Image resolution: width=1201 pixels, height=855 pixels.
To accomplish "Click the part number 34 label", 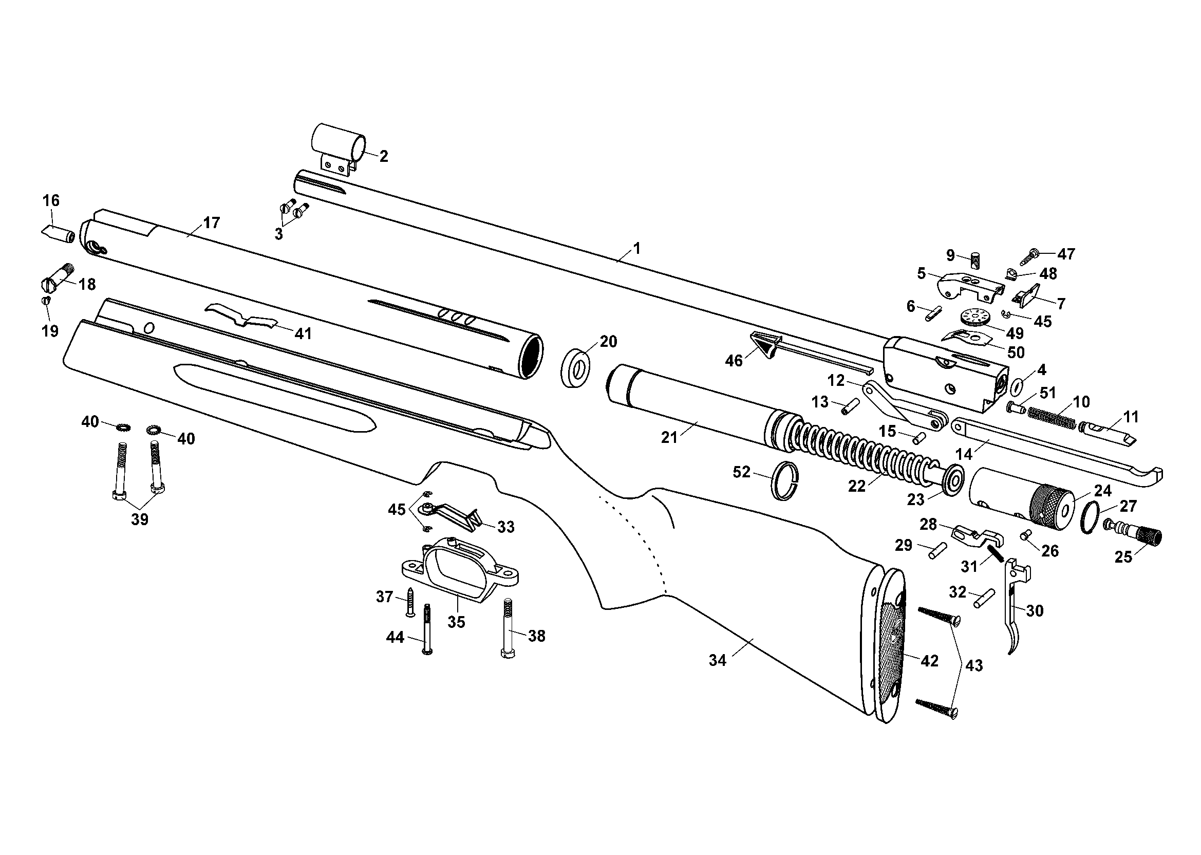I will click(x=717, y=660).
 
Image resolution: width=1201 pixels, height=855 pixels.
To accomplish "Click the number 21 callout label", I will click(x=669, y=437).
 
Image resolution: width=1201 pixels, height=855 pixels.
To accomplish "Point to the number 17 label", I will click(x=211, y=222).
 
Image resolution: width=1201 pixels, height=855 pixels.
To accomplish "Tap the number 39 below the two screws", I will click(x=140, y=519).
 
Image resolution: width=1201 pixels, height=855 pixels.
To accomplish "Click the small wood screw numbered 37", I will click(x=410, y=602).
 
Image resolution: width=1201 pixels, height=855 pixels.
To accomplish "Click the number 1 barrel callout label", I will click(x=637, y=248).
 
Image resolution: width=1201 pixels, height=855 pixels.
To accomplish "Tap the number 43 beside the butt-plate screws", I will click(x=974, y=665).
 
